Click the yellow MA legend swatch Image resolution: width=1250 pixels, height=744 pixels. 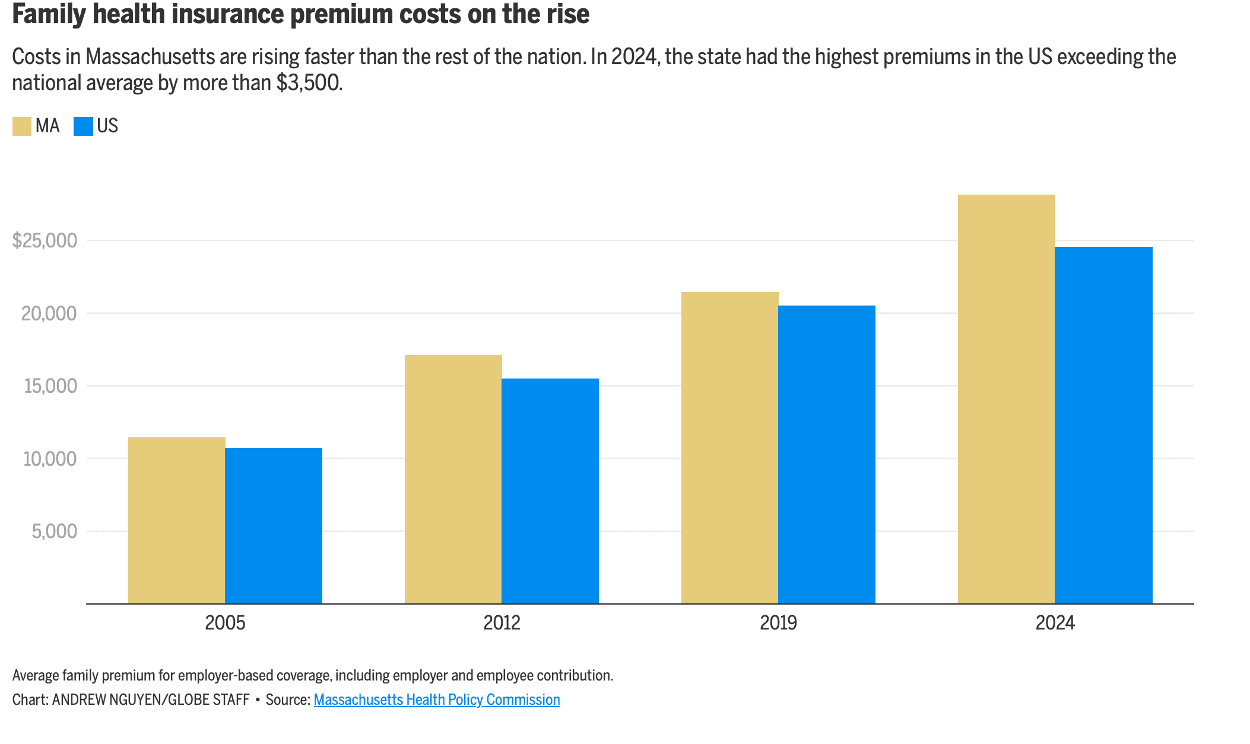coord(22,126)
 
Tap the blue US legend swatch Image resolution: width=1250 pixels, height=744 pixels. coord(83,126)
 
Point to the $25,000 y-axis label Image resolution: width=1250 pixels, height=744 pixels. coord(45,240)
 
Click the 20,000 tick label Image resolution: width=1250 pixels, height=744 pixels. coord(49,313)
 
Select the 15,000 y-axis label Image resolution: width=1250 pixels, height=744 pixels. coord(50,386)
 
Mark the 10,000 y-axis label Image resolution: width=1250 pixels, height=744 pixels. coord(50,459)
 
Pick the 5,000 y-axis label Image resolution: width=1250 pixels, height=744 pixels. coord(55,532)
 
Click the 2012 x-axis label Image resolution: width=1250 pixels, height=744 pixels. coord(502,623)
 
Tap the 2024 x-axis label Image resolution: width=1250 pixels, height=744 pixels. coord(1055,623)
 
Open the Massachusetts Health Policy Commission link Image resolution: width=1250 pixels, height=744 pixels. coord(437,700)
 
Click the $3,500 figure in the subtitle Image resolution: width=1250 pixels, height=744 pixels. coord(308,83)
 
